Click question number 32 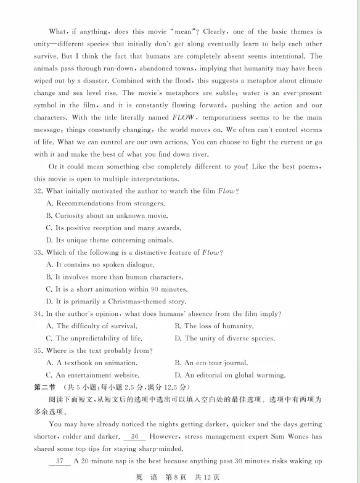click(x=38, y=191)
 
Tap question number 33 click(x=38, y=252)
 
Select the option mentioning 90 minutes click(x=117, y=289)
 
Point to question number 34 click(x=38, y=314)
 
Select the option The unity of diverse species click(x=225, y=338)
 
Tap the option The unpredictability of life click(x=94, y=338)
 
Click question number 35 click(x=38, y=350)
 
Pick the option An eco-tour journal click(x=211, y=363)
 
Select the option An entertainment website click(x=92, y=375)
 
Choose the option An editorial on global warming click(x=230, y=375)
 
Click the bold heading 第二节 click(x=44, y=387)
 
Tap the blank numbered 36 click(x=134, y=437)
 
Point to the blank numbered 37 click(x=60, y=461)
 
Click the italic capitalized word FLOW click(x=183, y=117)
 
